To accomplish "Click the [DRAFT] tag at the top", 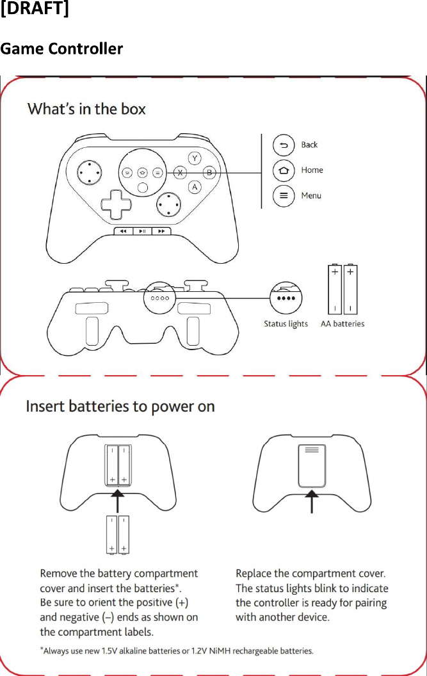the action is (35, 12).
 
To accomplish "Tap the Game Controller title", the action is (61, 49).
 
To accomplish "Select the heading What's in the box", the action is (86, 109).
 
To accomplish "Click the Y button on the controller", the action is (195, 158).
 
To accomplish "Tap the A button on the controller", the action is (195, 187).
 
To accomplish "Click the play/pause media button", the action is (143, 231).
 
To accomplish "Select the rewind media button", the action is (124, 231).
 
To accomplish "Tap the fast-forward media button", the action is (162, 231).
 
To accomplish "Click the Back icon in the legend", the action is (284, 145).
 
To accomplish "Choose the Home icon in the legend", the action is (284, 170).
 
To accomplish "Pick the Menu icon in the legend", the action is (284, 196).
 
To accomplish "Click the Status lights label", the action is (286, 324).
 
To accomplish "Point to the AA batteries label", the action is (342, 324).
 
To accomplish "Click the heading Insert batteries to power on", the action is (120, 406).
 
